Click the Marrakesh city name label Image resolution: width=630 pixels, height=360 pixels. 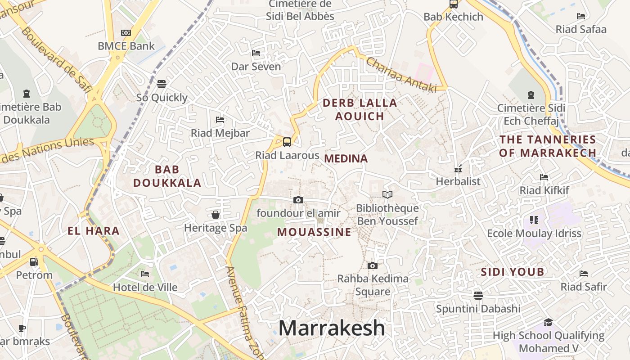click(x=332, y=328)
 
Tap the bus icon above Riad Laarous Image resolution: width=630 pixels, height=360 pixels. click(x=287, y=142)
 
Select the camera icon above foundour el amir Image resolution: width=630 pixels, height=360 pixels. click(x=298, y=200)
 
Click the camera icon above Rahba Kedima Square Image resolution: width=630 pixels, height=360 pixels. click(x=372, y=266)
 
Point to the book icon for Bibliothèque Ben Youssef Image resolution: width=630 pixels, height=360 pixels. click(x=387, y=195)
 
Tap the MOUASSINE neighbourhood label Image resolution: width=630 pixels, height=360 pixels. click(x=314, y=232)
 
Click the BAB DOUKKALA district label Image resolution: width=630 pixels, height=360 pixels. click(x=167, y=176)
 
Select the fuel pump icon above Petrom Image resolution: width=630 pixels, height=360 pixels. click(x=34, y=262)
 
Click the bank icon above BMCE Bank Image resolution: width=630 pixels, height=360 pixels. click(x=126, y=33)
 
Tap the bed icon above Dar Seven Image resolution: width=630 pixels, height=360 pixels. click(x=256, y=53)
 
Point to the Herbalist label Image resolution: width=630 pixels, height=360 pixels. click(x=458, y=181)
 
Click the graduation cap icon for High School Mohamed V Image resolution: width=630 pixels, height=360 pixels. click(x=548, y=322)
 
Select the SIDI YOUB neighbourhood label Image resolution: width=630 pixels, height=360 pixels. click(x=513, y=272)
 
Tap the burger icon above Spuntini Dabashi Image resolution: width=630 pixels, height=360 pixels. click(x=478, y=295)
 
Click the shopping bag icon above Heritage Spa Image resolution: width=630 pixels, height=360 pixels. click(x=216, y=215)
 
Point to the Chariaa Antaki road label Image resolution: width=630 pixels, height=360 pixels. click(x=401, y=75)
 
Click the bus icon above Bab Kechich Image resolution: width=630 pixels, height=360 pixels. click(x=453, y=4)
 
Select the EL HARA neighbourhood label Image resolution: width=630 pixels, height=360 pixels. click(x=94, y=231)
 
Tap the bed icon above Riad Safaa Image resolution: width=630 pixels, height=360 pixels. click(x=581, y=16)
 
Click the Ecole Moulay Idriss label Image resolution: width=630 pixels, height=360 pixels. click(x=534, y=234)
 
